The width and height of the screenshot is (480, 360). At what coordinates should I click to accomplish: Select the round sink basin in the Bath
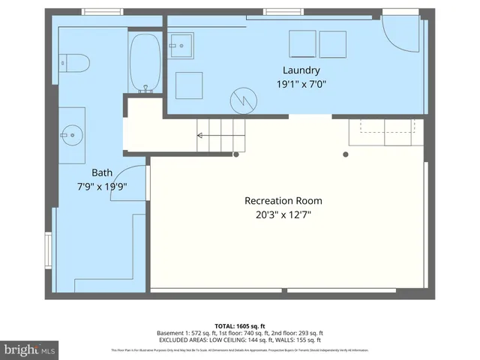coord(72,136)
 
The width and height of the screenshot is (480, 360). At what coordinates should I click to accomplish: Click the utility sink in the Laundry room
coord(181,44)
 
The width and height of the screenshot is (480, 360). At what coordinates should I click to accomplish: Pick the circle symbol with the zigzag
coord(241,97)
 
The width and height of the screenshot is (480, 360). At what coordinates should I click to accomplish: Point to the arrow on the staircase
coord(201,136)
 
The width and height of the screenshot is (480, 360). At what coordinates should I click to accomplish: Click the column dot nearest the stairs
coord(236,154)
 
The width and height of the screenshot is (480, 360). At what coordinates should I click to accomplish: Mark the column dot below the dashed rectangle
coord(346,154)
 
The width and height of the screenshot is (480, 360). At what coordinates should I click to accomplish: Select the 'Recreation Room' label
coord(283,200)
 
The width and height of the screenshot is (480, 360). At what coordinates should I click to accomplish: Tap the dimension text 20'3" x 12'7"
coord(283,214)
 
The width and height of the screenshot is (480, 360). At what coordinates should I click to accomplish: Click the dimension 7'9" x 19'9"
coord(100,185)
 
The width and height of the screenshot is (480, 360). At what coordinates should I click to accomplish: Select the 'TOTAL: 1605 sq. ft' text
coord(239,325)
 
